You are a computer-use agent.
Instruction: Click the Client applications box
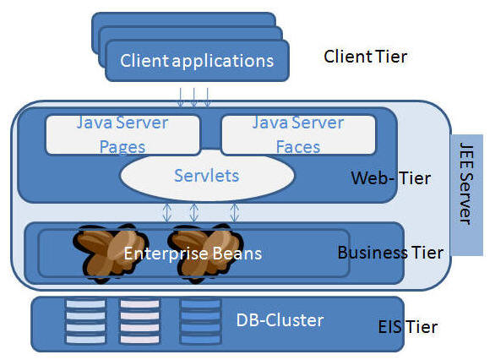click(197, 60)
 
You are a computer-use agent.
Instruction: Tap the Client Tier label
click(366, 57)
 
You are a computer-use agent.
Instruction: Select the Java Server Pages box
click(122, 135)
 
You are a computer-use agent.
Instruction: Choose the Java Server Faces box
click(298, 135)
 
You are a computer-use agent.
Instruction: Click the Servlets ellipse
click(207, 176)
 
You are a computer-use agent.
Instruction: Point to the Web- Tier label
click(391, 178)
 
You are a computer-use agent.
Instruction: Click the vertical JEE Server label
click(466, 183)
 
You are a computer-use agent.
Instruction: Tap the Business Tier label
click(390, 253)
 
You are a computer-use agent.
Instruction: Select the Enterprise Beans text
click(193, 254)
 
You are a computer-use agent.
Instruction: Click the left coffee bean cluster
click(110, 253)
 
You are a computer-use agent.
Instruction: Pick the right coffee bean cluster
click(205, 253)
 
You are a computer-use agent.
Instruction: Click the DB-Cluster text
click(280, 320)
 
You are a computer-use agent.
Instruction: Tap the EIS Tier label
click(408, 327)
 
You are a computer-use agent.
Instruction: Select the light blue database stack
click(85, 321)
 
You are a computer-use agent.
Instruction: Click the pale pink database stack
click(139, 321)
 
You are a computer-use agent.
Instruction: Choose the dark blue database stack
click(200, 321)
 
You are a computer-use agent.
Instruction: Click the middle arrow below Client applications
click(193, 97)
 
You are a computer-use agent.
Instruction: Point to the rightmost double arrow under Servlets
click(234, 212)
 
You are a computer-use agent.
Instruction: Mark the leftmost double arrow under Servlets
click(167, 212)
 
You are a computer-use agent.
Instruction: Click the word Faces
click(298, 147)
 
